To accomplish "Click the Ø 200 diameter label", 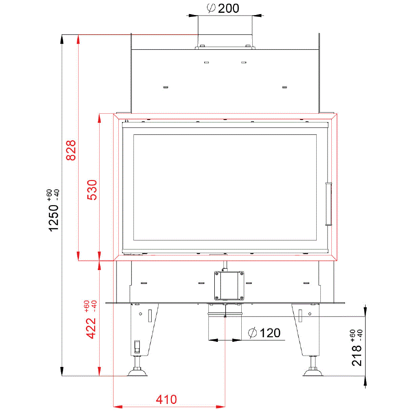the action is coord(223,8).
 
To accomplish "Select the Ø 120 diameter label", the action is coord(264,333).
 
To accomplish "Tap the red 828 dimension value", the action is coord(71,150).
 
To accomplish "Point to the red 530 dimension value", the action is coord(92,190).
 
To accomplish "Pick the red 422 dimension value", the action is coord(91,328).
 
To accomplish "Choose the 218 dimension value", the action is coord(357,356).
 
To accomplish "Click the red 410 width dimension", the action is coord(166,399).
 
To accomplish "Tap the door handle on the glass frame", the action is coord(329,204).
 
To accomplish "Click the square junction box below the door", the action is coord(229,286).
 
